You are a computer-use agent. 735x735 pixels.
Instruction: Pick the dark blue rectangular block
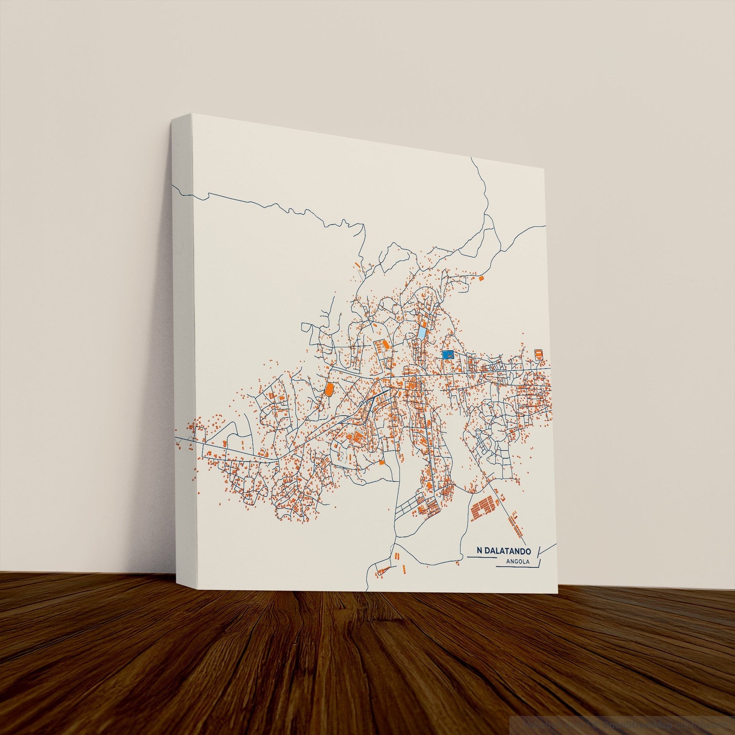click(x=449, y=355)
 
